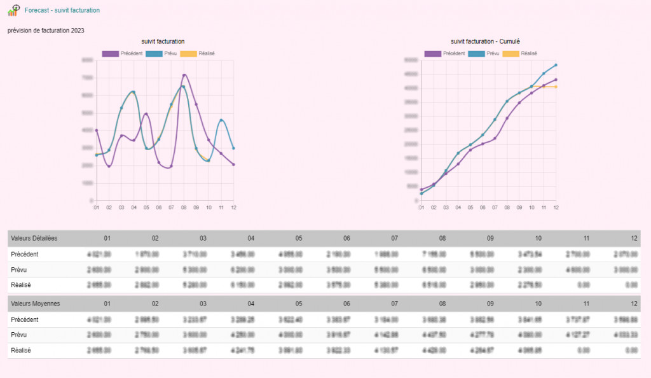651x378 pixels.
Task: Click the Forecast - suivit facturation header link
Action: coord(62,11)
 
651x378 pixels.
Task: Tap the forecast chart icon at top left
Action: coord(14,10)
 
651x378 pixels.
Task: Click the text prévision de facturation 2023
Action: coord(46,31)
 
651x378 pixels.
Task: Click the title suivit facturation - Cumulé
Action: coord(485,41)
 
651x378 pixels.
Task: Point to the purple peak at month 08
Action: coord(184,75)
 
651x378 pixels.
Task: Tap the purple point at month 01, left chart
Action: coord(96,130)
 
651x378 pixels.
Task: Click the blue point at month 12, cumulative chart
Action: coord(556,65)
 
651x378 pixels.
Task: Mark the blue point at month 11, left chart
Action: coord(221,120)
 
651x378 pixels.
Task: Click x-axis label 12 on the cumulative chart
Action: coord(556,207)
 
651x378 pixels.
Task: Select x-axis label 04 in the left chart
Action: coord(134,207)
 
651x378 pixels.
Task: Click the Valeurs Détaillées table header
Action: coord(34,239)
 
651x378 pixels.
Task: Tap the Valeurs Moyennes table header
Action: coord(34,304)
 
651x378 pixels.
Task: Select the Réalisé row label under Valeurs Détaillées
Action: coord(21,285)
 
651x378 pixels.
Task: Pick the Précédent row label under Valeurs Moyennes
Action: coord(25,319)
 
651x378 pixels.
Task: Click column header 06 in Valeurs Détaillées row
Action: coord(346,239)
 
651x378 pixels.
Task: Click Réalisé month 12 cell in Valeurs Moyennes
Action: coord(630,351)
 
